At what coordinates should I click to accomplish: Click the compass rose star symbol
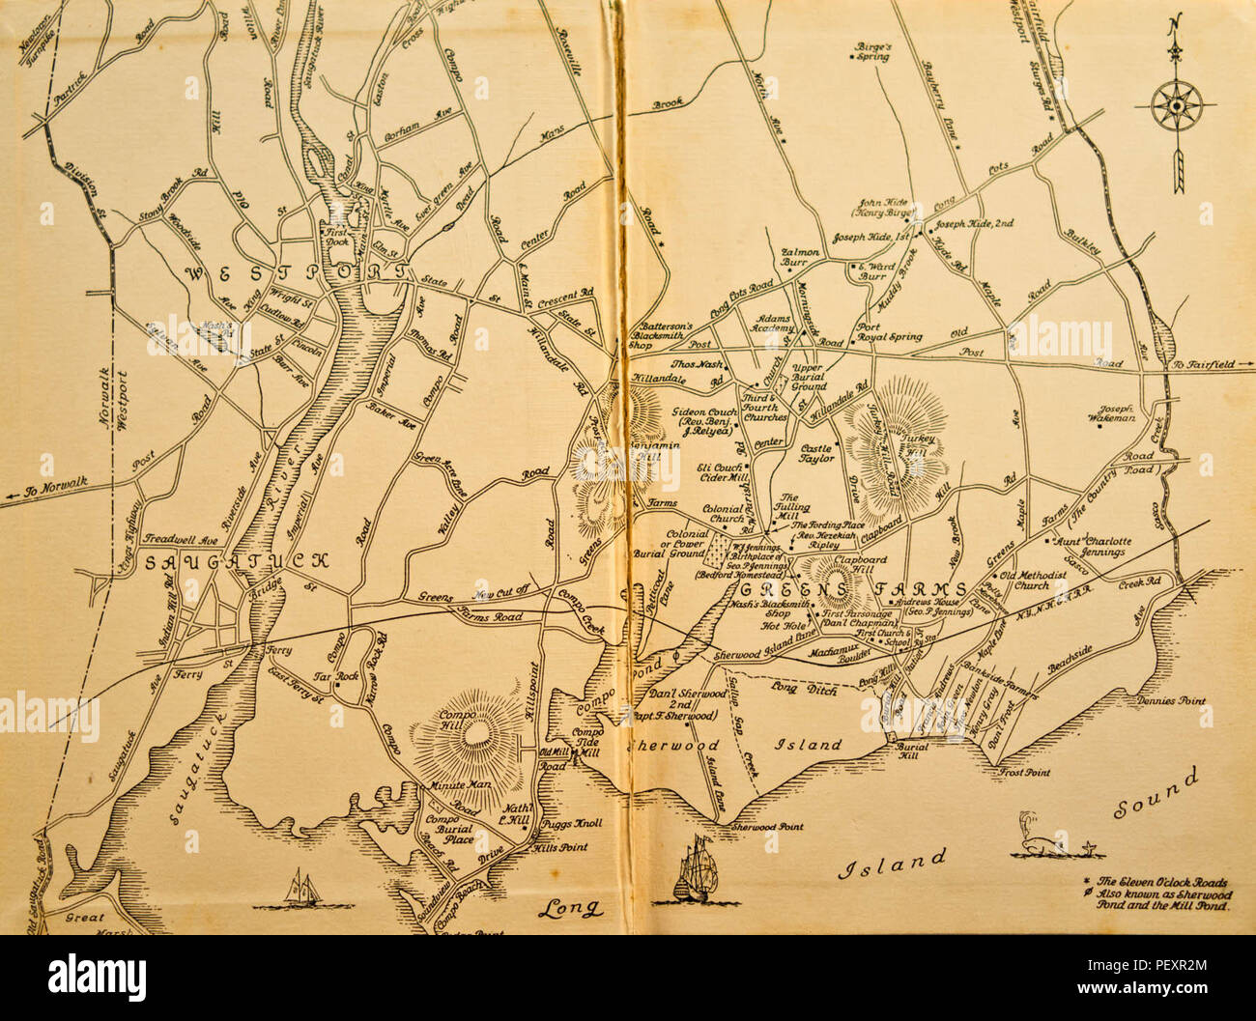(1176, 103)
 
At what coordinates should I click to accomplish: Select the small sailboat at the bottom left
(301, 887)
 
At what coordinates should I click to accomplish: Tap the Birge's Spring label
(872, 50)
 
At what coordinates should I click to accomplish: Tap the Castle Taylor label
(817, 454)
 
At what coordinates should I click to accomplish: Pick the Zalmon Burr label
(800, 256)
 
